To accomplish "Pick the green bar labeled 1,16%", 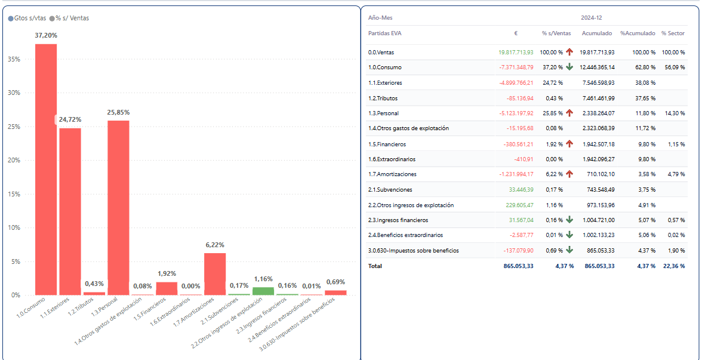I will point(263,291).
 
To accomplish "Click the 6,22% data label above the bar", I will point(215,245).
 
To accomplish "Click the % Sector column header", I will point(673,33).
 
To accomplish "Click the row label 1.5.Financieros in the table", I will point(387,144).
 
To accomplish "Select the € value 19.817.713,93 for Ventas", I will point(516,53).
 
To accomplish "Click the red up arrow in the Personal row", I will point(570,113).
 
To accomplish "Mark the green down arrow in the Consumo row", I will point(570,67).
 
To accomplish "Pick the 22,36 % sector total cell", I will point(673,266).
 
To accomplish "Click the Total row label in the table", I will point(375,266).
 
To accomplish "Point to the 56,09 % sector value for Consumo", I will point(673,67).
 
